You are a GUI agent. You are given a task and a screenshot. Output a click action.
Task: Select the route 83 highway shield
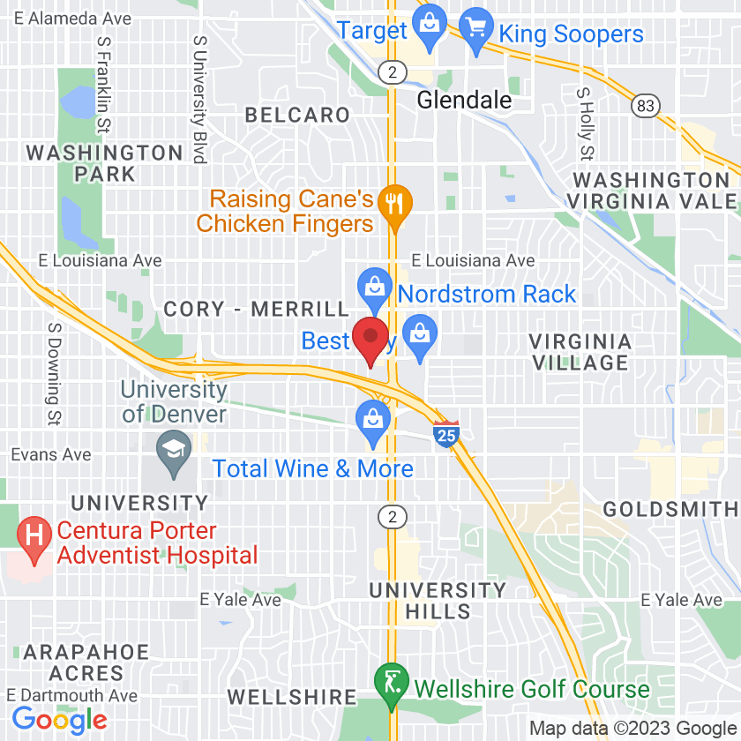(x=645, y=106)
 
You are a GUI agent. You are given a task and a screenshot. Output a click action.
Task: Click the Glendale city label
(x=464, y=100)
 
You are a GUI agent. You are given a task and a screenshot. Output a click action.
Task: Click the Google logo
(x=60, y=719)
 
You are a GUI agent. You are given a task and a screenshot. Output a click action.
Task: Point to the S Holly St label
(x=584, y=123)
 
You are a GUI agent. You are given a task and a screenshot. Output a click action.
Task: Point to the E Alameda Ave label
(x=73, y=19)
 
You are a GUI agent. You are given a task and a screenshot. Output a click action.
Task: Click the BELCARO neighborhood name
(x=297, y=115)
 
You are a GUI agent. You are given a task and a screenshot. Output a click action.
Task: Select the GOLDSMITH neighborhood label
(x=671, y=509)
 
